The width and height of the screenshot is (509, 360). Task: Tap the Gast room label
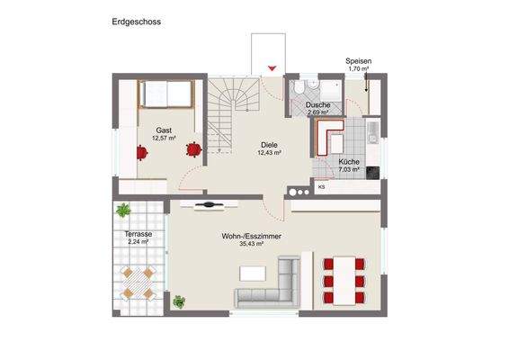click(164, 130)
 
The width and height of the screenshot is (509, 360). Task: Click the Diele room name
click(270, 145)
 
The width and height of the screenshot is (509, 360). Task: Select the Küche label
click(349, 161)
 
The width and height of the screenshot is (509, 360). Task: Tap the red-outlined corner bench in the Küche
click(327, 142)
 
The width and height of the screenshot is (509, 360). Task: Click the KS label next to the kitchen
click(321, 187)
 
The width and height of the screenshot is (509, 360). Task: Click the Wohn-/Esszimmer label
click(250, 236)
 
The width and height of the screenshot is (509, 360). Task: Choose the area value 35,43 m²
click(250, 244)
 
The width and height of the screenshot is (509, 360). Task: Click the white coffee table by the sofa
click(254, 270)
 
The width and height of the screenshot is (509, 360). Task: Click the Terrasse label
click(138, 233)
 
